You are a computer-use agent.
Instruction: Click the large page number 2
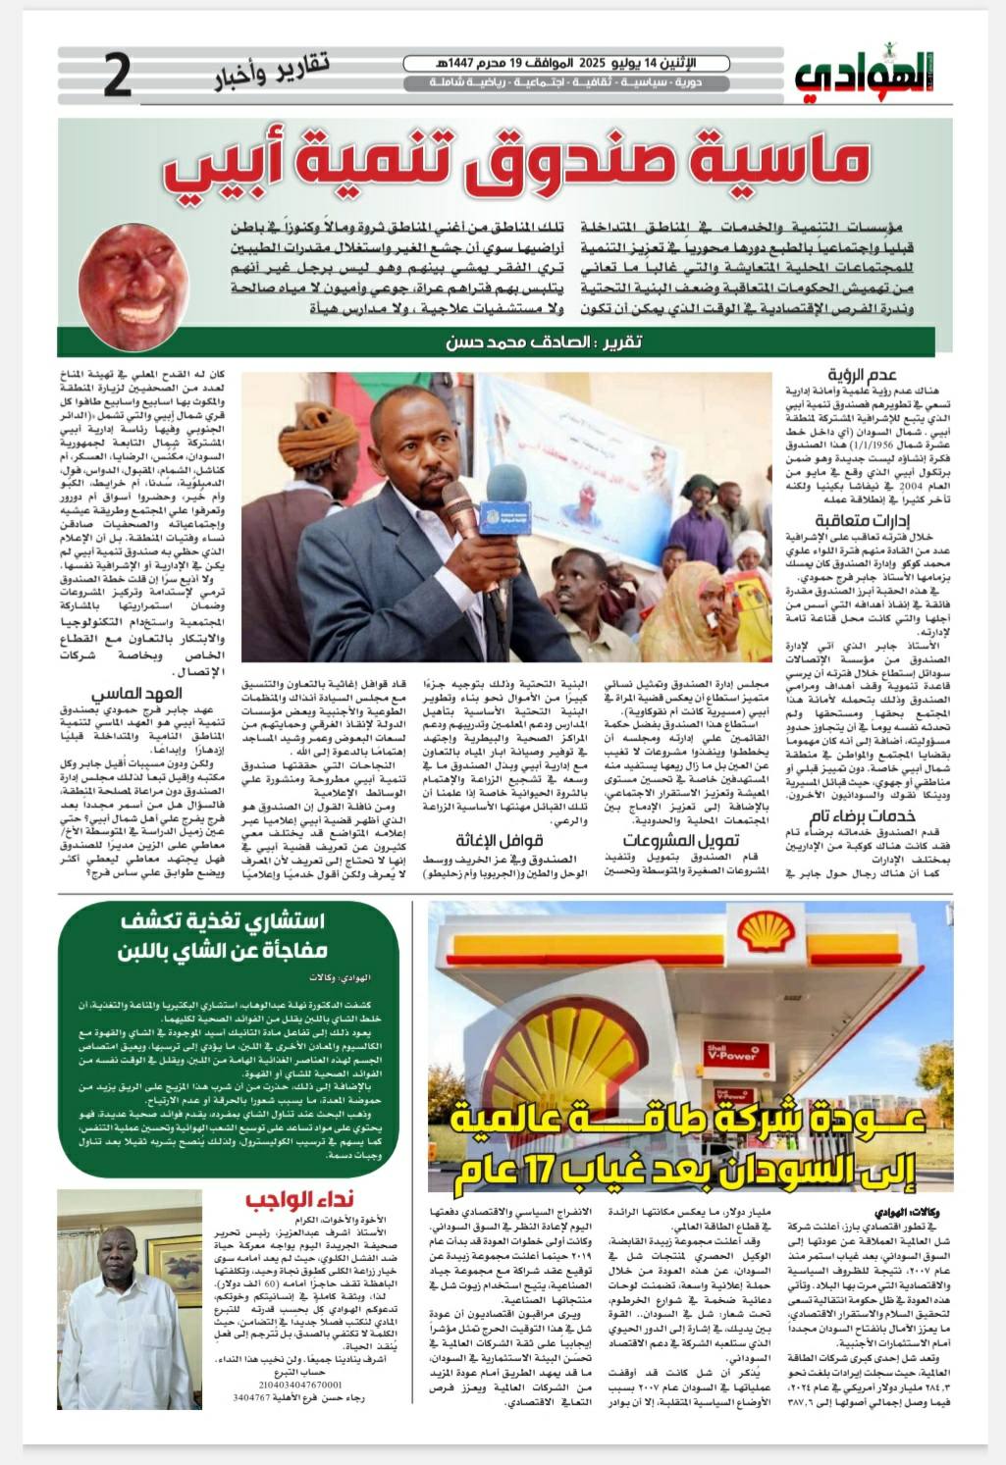point(116,78)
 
